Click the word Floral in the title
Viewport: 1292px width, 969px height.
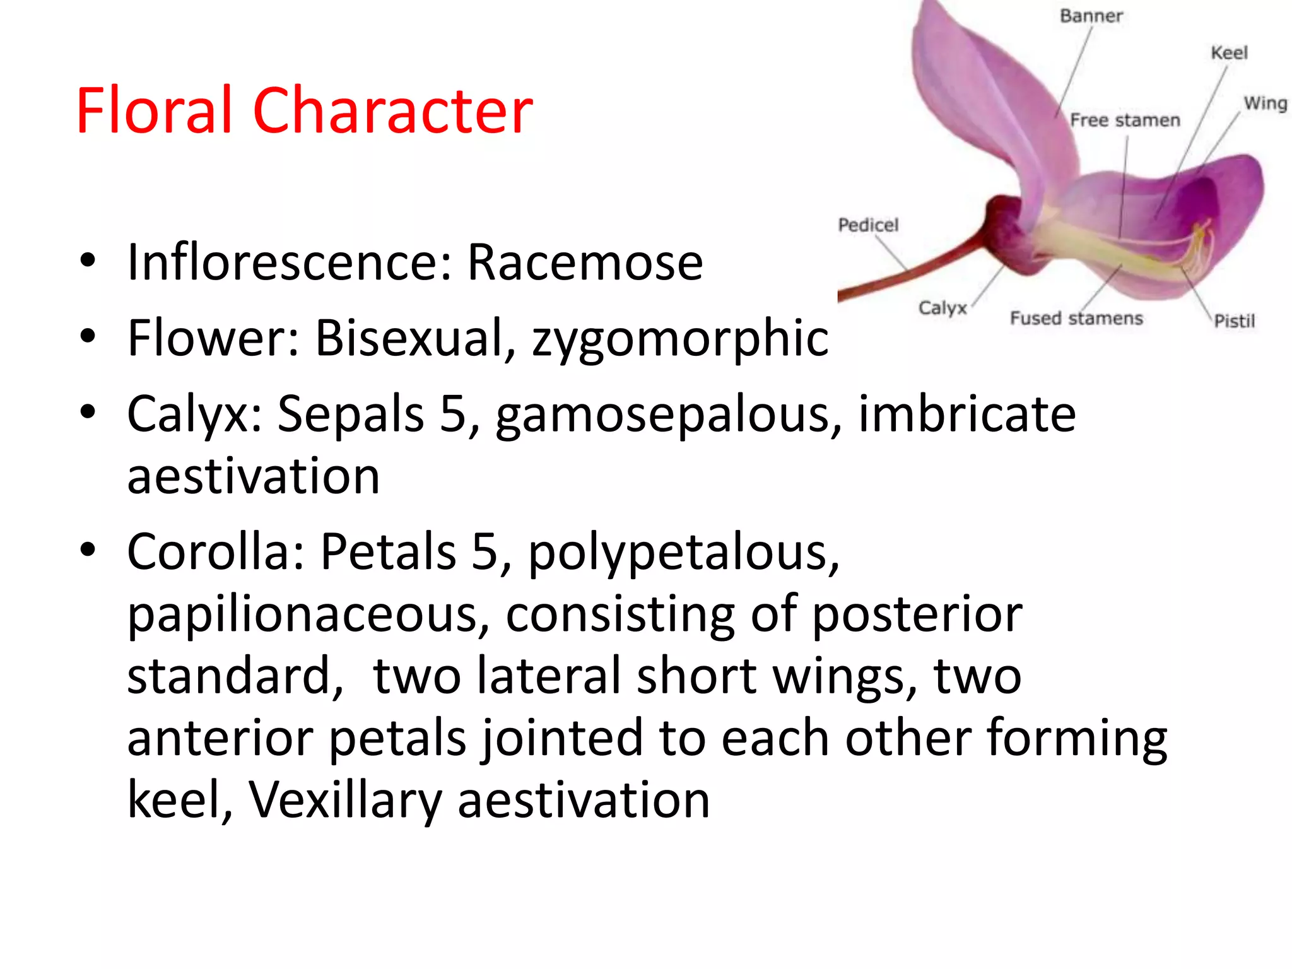(154, 111)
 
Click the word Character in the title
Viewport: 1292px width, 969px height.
(392, 111)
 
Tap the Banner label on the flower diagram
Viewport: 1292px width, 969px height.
(1091, 16)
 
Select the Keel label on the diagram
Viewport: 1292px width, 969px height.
(1229, 53)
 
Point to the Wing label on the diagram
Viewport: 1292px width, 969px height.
(1264, 103)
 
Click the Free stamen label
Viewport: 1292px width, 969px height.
(1125, 120)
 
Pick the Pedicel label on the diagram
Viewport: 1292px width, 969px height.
(867, 225)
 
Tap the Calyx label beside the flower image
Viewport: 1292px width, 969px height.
(942, 308)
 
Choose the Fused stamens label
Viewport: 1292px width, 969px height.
(1076, 318)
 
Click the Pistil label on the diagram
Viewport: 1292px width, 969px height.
(1234, 321)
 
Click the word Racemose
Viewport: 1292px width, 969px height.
(585, 262)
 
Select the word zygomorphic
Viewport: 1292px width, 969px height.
(679, 339)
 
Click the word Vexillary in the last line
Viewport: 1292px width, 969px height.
(344, 800)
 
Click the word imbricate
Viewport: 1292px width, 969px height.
(966, 414)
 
